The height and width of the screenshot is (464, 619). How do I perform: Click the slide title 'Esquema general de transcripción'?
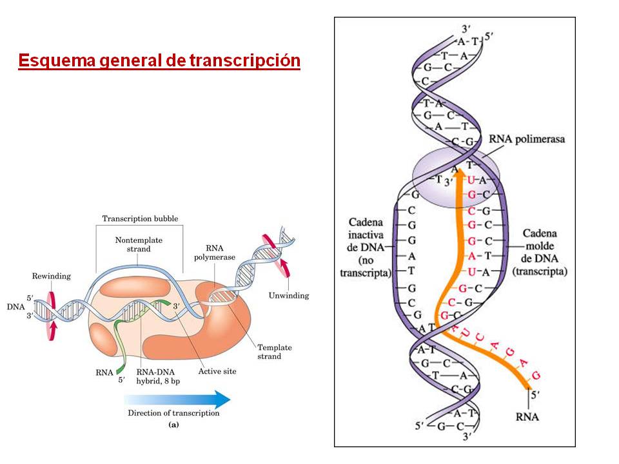(159, 61)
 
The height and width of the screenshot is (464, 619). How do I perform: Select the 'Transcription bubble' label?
(140, 218)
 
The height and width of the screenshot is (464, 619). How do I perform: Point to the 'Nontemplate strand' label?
(139, 244)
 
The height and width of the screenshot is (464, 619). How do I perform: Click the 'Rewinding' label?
(51, 276)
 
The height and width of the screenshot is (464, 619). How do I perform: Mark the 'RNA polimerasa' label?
(528, 139)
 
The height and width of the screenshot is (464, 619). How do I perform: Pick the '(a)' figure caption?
(173, 425)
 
